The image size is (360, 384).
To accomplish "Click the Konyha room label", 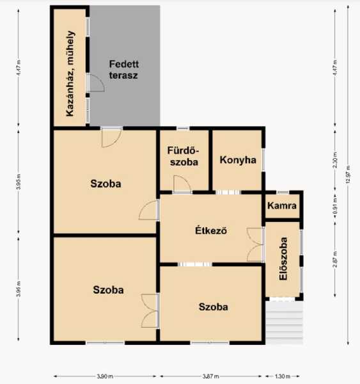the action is tap(238, 160).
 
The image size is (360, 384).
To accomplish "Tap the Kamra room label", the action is tap(282, 205).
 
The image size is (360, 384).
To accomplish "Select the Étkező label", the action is tap(211, 230).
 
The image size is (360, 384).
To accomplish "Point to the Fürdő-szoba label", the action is tap(184, 156).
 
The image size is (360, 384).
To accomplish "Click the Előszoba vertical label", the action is tap(283, 259).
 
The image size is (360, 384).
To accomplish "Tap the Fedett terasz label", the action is tap(123, 70).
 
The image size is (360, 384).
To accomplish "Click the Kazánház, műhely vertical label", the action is tap(70, 74).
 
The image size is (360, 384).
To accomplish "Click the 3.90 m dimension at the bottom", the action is tap(105, 376).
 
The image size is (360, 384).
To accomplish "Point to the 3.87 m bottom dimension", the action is tap(211, 376).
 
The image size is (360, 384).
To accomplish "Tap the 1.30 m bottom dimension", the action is tap(283, 376).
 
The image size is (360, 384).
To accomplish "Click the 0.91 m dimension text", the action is tap(335, 205).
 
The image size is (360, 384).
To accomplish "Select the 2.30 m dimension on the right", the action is tap(335, 160).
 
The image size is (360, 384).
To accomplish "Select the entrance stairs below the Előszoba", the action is tap(285, 323).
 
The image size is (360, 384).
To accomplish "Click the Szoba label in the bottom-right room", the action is tap(214, 307).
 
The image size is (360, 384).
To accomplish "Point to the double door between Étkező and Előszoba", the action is tap(254, 244).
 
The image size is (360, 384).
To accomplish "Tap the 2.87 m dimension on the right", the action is tap(335, 259).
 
